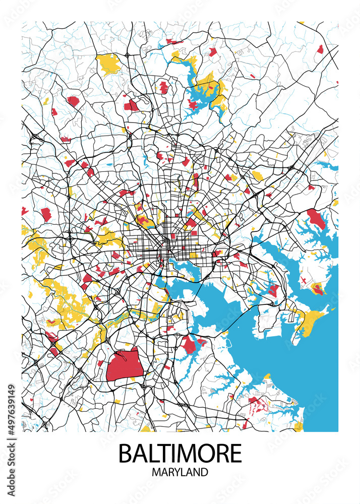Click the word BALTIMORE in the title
tap(180, 453)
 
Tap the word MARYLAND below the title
tap(180, 473)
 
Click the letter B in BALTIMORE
tap(125, 453)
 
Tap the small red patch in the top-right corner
tap(320, 49)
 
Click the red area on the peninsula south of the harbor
tap(190, 345)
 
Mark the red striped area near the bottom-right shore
tap(256, 403)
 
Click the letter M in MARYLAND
tap(156, 473)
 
